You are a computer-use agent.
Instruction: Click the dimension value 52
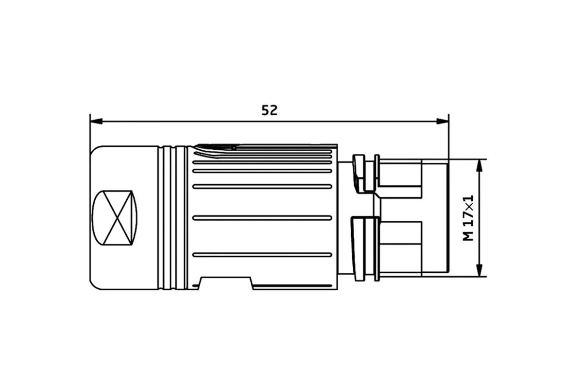269,110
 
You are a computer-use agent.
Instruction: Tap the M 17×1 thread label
468,218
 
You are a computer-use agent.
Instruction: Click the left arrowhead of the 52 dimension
96,121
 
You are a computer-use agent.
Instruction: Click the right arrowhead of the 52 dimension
443,121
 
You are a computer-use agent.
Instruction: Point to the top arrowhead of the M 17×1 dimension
479,165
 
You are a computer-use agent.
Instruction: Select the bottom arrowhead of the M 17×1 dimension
479,270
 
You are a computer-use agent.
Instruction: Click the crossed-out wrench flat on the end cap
115,218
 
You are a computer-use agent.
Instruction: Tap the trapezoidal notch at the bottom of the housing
225,283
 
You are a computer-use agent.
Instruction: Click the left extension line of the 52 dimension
90,130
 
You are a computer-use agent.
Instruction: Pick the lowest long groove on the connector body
262,255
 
